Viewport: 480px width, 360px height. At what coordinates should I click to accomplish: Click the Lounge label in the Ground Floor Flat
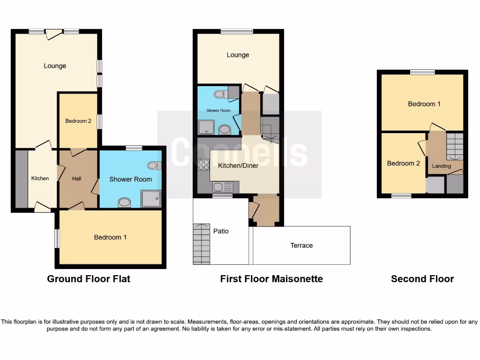click(55, 66)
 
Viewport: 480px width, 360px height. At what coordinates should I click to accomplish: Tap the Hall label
click(76, 179)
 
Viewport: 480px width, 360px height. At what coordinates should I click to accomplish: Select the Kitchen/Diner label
click(238, 165)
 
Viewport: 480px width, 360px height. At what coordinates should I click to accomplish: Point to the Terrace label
click(301, 245)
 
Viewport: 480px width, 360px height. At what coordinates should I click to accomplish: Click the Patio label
click(221, 231)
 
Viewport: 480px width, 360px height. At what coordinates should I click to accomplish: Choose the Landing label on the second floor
click(441, 166)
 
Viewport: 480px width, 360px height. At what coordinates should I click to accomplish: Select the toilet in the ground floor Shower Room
click(154, 165)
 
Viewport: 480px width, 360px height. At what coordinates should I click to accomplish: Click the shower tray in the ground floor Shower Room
click(150, 199)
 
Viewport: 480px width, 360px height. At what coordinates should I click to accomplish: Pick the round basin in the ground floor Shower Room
click(124, 202)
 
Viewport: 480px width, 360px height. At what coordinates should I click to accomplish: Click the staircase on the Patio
click(202, 244)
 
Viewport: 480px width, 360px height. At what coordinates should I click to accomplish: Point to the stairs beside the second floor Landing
click(454, 147)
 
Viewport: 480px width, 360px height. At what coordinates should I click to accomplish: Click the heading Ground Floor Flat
click(89, 279)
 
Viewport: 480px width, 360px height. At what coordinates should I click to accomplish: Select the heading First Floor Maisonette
click(271, 279)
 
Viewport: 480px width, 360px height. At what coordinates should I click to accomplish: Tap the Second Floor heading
click(422, 279)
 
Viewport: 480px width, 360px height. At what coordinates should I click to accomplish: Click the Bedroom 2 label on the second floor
click(403, 163)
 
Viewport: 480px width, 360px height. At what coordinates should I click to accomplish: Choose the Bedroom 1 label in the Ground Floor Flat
click(110, 237)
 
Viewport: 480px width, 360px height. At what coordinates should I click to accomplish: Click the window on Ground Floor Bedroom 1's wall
click(57, 238)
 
